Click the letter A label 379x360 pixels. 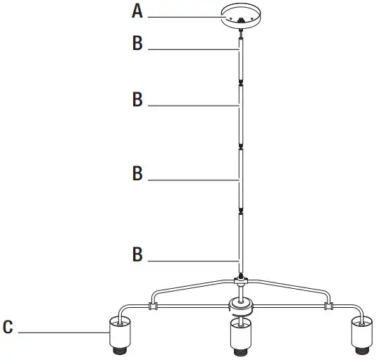pos(137,11)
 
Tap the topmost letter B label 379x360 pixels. pos(137,44)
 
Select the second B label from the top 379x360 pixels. pos(137,100)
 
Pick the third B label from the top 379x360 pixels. pos(137,173)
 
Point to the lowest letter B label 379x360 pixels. pos(137,254)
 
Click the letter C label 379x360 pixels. pos(8,328)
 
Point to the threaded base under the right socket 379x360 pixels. pos(362,349)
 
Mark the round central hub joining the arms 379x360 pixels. pos(241,306)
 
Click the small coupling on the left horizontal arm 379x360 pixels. pos(152,306)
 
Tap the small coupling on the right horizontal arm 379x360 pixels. pos(328,306)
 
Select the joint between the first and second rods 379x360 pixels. pos(241,82)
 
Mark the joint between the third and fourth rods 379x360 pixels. pos(241,211)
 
